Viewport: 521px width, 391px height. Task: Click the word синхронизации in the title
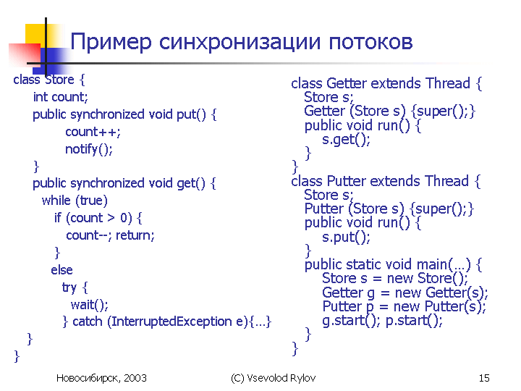240,43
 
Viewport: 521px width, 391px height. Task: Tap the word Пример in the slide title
111,43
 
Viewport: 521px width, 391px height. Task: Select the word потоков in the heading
370,42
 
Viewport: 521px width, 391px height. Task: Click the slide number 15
484,378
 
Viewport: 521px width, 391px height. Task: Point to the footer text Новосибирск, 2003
101,378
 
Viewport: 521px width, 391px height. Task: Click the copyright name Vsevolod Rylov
281,378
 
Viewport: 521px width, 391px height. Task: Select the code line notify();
89,149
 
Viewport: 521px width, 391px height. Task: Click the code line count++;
93,132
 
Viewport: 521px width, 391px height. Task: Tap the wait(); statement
90,305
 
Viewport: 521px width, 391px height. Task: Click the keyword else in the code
62,270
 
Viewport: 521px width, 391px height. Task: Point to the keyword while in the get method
56,201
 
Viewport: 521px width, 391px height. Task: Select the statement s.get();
346,139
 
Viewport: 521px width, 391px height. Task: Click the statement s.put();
346,237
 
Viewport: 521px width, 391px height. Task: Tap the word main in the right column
432,265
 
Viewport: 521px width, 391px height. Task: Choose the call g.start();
351,321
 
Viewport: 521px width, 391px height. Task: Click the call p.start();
415,321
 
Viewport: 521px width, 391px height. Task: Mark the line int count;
61,97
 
